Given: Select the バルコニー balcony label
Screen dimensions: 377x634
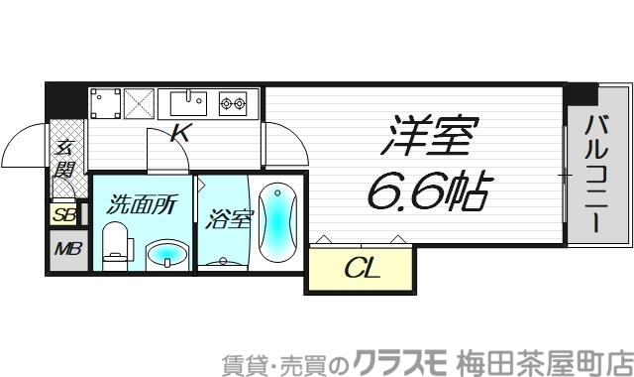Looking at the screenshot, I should pyautogui.click(x=596, y=172).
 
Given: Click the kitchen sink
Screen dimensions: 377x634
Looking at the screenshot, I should pyautogui.click(x=189, y=101).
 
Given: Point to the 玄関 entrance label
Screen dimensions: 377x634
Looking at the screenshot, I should pyautogui.click(x=65, y=158).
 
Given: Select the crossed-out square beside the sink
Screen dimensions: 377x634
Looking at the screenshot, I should pyautogui.click(x=139, y=102).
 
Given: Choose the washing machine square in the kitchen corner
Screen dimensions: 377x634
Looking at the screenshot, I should pyautogui.click(x=105, y=102).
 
